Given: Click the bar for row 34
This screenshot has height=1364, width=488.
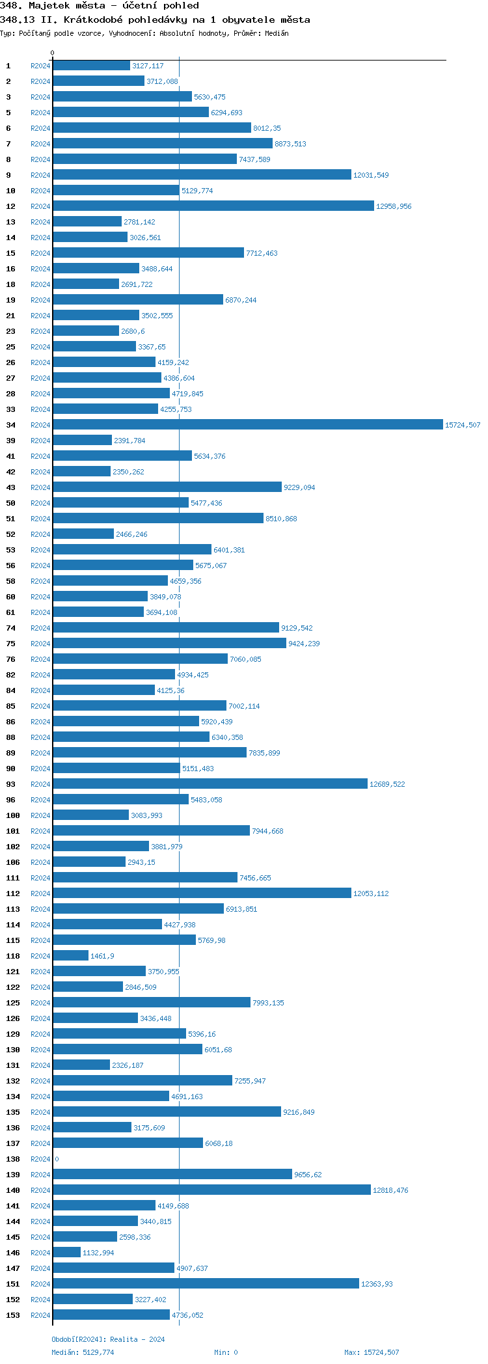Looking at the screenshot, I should pyautogui.click(x=247, y=425).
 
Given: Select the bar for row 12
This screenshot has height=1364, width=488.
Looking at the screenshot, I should pyautogui.click(x=213, y=206).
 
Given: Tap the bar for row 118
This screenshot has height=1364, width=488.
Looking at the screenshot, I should pyautogui.click(x=70, y=956).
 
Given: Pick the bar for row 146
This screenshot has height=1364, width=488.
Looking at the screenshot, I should pyautogui.click(x=66, y=1253).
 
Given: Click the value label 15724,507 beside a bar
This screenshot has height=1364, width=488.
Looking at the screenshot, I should pyautogui.click(x=462, y=425).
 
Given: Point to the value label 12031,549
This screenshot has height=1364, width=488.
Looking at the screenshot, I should pyautogui.click(x=371, y=175).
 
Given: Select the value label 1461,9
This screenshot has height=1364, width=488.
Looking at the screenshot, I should pyautogui.click(x=102, y=956).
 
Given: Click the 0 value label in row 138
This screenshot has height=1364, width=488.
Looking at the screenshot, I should pyautogui.click(x=57, y=1159).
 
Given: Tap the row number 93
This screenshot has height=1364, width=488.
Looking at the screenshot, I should pyautogui.click(x=11, y=784).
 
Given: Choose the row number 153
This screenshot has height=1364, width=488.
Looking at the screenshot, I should pyautogui.click(x=13, y=1315).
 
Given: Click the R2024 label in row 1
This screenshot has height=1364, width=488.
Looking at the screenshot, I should pyautogui.click(x=40, y=66).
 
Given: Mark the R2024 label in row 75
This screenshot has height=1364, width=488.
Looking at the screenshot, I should pyautogui.click(x=40, y=644).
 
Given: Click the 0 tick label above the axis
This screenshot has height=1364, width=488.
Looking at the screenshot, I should pyautogui.click(x=53, y=53).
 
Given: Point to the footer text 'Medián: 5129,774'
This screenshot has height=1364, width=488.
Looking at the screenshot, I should pyautogui.click(x=83, y=1352).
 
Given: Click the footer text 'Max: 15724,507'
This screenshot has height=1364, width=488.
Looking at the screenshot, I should pyautogui.click(x=372, y=1352).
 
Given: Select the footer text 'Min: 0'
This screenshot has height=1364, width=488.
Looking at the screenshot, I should pyautogui.click(x=226, y=1352).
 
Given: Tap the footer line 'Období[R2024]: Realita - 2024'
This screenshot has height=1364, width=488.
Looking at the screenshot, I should pyautogui.click(x=108, y=1339).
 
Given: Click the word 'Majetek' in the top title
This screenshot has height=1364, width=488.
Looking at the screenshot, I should pyautogui.click(x=47, y=5).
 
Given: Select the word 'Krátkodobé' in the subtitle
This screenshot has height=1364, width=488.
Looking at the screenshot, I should pyautogui.click(x=93, y=20).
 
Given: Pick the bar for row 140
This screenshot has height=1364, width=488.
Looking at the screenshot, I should pyautogui.click(x=211, y=1190).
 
